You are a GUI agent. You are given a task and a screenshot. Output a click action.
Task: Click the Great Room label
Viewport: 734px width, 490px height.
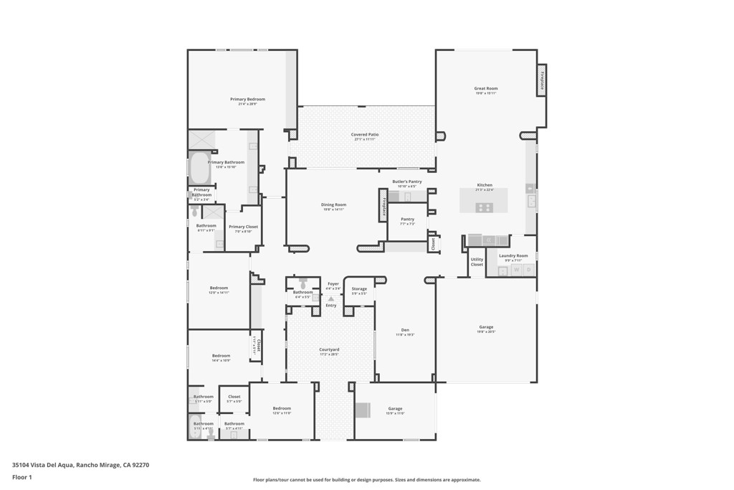[x=485, y=89]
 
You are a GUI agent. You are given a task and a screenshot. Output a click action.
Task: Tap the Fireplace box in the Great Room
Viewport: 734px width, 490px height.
[x=542, y=80]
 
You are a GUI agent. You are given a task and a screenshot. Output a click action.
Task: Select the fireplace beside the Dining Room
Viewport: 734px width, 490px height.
[x=383, y=206]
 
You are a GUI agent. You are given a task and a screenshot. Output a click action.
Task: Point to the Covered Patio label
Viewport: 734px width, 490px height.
[x=365, y=135]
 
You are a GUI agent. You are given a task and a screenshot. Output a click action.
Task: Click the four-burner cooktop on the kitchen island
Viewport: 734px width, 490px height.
[x=484, y=207]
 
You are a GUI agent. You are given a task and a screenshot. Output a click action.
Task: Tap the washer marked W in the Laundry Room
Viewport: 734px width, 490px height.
[x=516, y=270]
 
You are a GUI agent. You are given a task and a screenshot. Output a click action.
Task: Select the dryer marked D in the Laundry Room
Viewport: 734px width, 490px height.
[x=528, y=270]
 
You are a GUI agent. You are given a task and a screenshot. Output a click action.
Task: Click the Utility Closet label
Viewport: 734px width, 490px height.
[x=477, y=262]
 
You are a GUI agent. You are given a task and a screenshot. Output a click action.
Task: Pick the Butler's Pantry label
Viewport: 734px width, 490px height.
[x=407, y=182]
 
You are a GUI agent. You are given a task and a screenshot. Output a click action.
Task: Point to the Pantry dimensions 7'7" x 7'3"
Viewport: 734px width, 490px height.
[x=407, y=224]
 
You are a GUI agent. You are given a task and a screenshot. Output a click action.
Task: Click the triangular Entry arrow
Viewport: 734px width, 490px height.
[x=330, y=298]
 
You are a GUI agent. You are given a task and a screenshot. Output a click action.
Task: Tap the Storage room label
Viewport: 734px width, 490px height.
[x=359, y=289]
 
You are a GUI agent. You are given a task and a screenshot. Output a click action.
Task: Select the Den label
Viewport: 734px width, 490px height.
[x=405, y=330]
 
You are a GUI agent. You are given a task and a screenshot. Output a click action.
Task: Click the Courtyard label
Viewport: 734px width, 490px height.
[x=329, y=349]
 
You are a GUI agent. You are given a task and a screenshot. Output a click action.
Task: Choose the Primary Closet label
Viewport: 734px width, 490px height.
[x=243, y=227]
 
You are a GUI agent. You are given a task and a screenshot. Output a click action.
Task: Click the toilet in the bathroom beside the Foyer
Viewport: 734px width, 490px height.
[x=303, y=284]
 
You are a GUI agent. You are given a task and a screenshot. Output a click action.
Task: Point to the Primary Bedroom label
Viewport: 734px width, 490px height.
[x=247, y=99]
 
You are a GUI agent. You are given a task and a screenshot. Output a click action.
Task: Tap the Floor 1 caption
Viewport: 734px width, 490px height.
[x=22, y=477]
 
